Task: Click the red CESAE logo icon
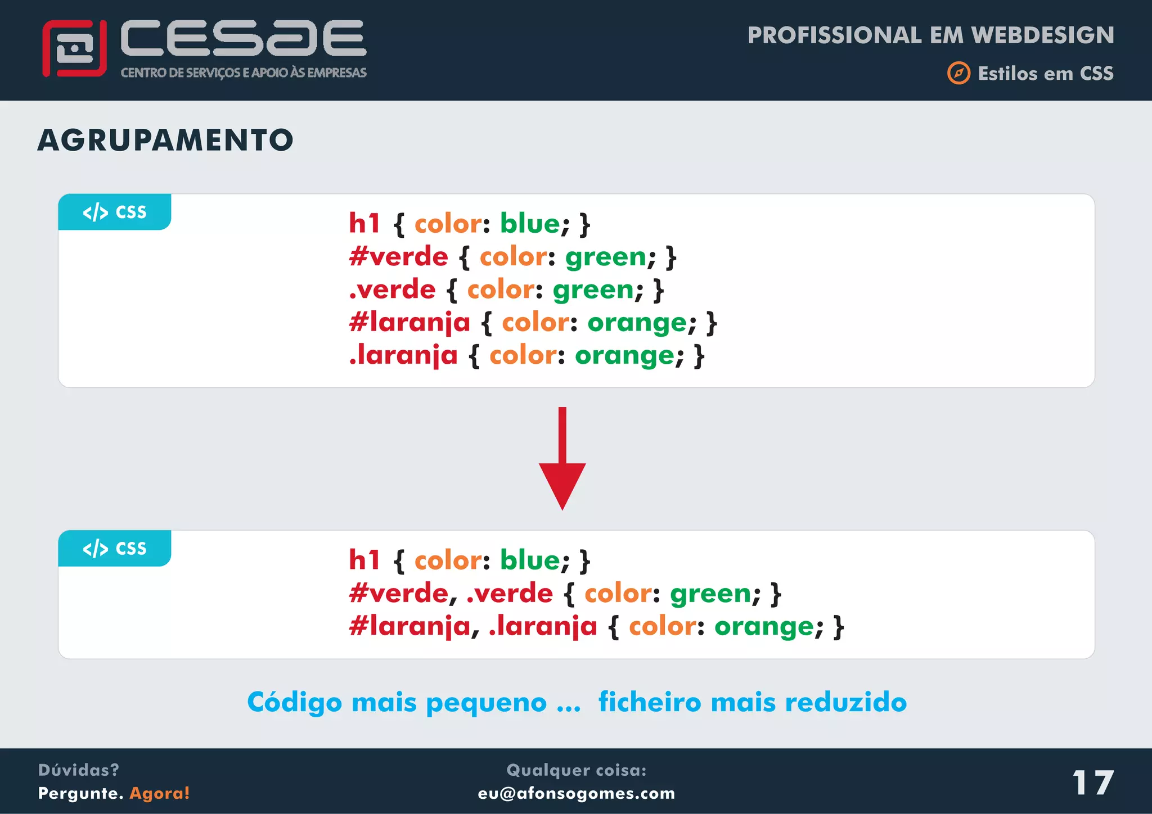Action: tap(74, 48)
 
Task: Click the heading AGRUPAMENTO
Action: tap(165, 140)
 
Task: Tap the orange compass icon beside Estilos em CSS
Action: tap(958, 73)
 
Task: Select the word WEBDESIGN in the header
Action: tap(1042, 35)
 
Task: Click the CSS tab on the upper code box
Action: tap(115, 212)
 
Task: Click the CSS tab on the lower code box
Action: tap(115, 548)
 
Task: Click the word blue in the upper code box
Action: tap(530, 224)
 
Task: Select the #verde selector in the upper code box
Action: tap(398, 257)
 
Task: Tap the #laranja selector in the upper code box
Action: tap(409, 323)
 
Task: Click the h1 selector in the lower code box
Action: tap(364, 560)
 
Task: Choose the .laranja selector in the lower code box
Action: tap(543, 627)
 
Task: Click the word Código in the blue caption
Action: tap(294, 703)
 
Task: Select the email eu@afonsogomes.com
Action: tap(576, 793)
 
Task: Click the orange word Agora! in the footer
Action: tap(160, 793)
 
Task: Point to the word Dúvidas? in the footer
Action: tap(78, 770)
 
